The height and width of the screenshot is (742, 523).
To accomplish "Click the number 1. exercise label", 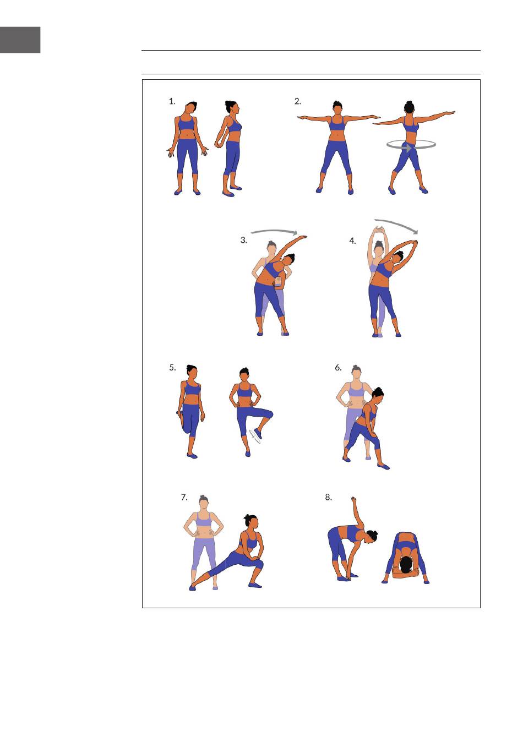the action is pos(172,101).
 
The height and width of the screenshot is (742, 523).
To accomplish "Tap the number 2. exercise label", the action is pos(298,101).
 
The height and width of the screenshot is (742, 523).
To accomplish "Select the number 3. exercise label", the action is pos(244,240).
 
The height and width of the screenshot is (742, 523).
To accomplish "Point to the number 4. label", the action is pos(353,241).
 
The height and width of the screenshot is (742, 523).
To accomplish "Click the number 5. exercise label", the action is pos(172,367).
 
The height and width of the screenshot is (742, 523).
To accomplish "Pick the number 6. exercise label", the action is pos(338,367).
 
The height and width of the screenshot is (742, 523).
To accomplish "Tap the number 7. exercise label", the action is pos(184,497).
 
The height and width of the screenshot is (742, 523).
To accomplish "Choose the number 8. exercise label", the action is pos(328,497).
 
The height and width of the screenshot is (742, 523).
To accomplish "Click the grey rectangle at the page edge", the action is pos(20,40).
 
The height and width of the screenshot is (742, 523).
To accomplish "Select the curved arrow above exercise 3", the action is pos(274,231).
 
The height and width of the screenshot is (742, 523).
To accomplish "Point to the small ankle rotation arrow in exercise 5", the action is pos(255,437).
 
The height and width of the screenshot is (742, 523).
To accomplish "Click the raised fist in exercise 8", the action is pos(353,499).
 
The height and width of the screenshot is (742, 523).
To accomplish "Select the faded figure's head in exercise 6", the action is pos(356,372).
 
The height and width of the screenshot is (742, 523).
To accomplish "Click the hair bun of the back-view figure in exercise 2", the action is pos(410,103).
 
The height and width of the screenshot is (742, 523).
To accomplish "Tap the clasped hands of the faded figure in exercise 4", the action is pos(379,229).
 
